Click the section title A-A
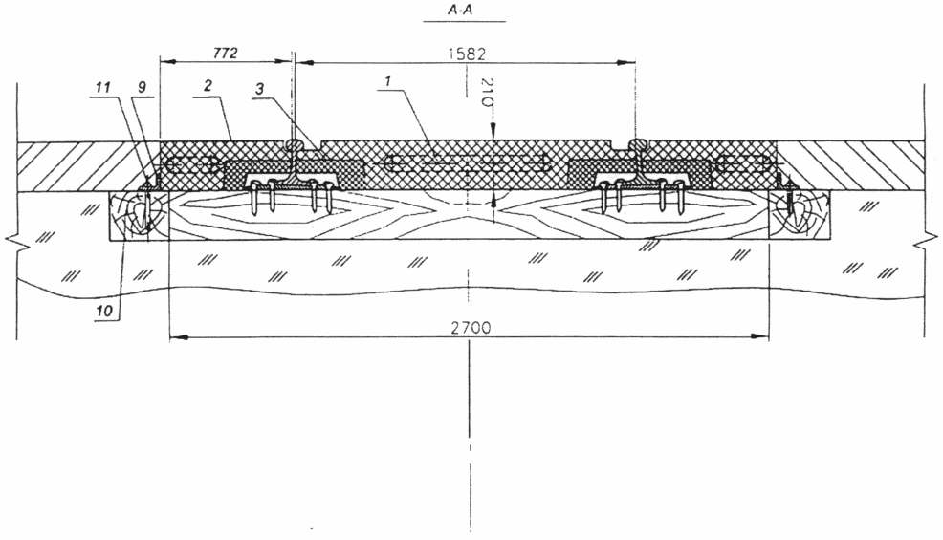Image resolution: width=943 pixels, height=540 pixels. pos(464,11)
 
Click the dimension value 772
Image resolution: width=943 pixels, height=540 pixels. pos(226,53)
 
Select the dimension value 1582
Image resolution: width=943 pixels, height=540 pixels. pos(467,54)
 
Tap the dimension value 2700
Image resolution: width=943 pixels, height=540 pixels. pos(471,328)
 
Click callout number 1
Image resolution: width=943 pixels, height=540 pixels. pos(388,80)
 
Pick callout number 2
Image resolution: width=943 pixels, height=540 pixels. pos(208,86)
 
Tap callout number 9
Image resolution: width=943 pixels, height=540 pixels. pos(142,87)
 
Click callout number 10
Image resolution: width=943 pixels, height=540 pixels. pos(104,311)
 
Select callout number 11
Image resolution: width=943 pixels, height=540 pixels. pos(103,87)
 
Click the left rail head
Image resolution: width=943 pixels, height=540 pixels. pos(293,145)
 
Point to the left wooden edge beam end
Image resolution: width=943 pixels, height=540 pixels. pos(140,216)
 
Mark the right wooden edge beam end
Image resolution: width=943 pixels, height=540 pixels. pos(800,216)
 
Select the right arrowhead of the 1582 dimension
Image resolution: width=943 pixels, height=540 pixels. pos(627,62)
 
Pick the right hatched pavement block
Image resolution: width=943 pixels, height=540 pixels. pos(850,166)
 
